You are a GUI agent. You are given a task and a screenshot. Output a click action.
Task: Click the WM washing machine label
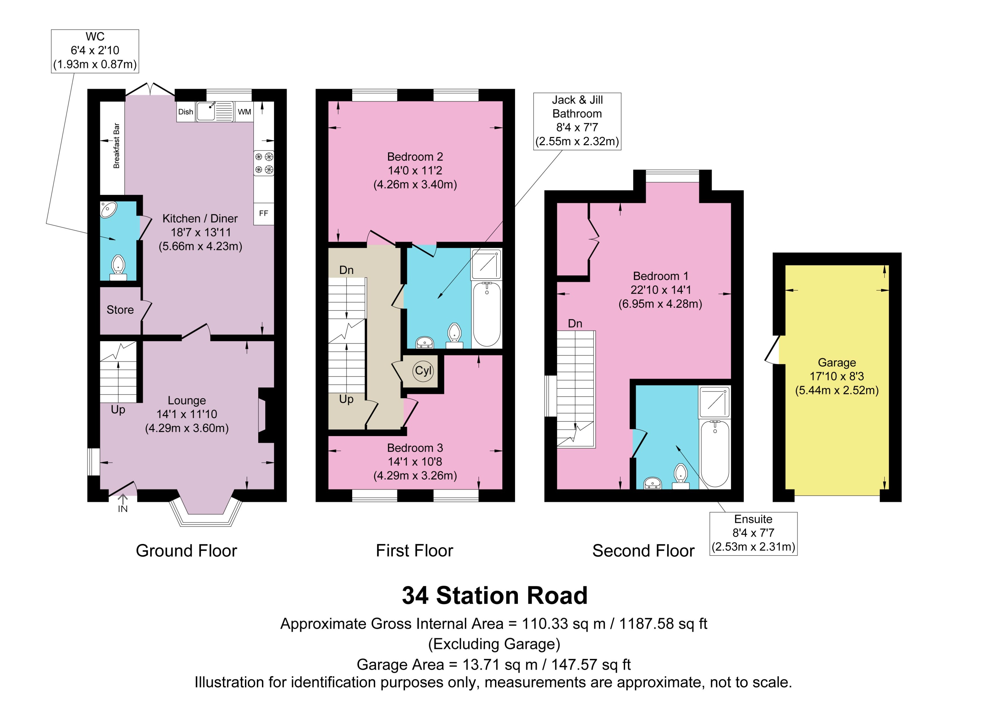[244, 112]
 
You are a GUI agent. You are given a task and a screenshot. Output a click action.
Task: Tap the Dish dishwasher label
[186, 112]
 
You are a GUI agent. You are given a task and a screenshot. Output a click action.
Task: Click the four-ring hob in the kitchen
[264, 163]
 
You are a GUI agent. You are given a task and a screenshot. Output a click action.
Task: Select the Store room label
[120, 310]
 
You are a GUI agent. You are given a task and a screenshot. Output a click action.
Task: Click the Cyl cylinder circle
[423, 371]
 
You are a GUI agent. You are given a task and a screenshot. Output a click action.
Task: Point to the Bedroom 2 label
[415, 157]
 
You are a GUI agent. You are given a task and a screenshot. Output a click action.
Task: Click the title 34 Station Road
[494, 596]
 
